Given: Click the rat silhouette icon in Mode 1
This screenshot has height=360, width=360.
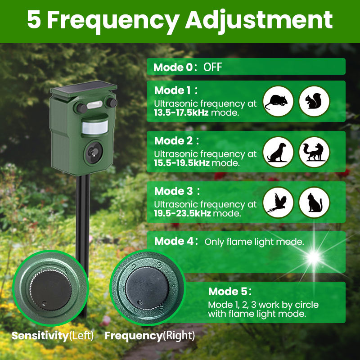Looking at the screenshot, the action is click(x=278, y=101).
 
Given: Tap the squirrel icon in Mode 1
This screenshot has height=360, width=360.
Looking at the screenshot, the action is click(x=314, y=101).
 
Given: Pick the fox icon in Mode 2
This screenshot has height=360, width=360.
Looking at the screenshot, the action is click(x=314, y=152).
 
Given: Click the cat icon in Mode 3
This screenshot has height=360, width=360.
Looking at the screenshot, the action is click(x=314, y=202).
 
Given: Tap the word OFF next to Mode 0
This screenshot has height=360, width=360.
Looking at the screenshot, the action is click(x=212, y=67).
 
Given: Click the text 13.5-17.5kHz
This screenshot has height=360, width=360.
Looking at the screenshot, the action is click(x=181, y=113).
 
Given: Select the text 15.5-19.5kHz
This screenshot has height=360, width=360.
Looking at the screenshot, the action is click(x=182, y=163).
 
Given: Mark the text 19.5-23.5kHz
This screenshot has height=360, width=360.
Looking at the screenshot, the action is click(x=182, y=213).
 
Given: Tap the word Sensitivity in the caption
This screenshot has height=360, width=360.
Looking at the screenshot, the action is click(x=40, y=336).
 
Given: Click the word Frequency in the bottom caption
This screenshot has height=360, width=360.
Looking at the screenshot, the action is click(x=134, y=336).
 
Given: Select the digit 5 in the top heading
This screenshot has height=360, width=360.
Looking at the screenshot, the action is click(x=34, y=19).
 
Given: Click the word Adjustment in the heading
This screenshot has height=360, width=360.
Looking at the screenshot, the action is click(x=259, y=21).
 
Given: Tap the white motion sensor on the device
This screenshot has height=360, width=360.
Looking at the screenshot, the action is click(x=95, y=127).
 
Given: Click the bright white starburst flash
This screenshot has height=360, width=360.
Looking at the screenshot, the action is click(x=314, y=257).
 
